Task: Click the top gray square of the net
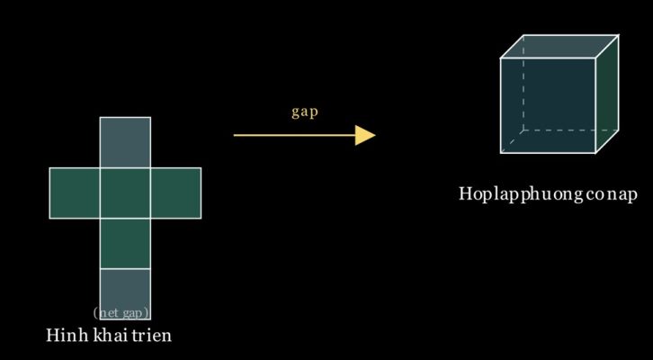(125, 142)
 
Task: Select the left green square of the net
(75, 193)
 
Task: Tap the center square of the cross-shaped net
(125, 193)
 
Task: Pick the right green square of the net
(175, 193)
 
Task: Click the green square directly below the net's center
(125, 243)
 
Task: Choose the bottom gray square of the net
(125, 293)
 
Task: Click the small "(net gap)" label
(121, 312)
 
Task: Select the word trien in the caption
(152, 335)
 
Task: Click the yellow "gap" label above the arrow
(304, 112)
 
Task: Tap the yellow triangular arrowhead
(365, 135)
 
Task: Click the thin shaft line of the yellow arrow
(294, 135)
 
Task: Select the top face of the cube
(559, 46)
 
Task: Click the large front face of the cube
(548, 106)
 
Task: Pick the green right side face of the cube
(607, 94)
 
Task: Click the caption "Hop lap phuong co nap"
(548, 194)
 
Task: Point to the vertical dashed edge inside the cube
(523, 83)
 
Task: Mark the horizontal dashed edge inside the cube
(571, 130)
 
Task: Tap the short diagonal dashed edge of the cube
(513, 141)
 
